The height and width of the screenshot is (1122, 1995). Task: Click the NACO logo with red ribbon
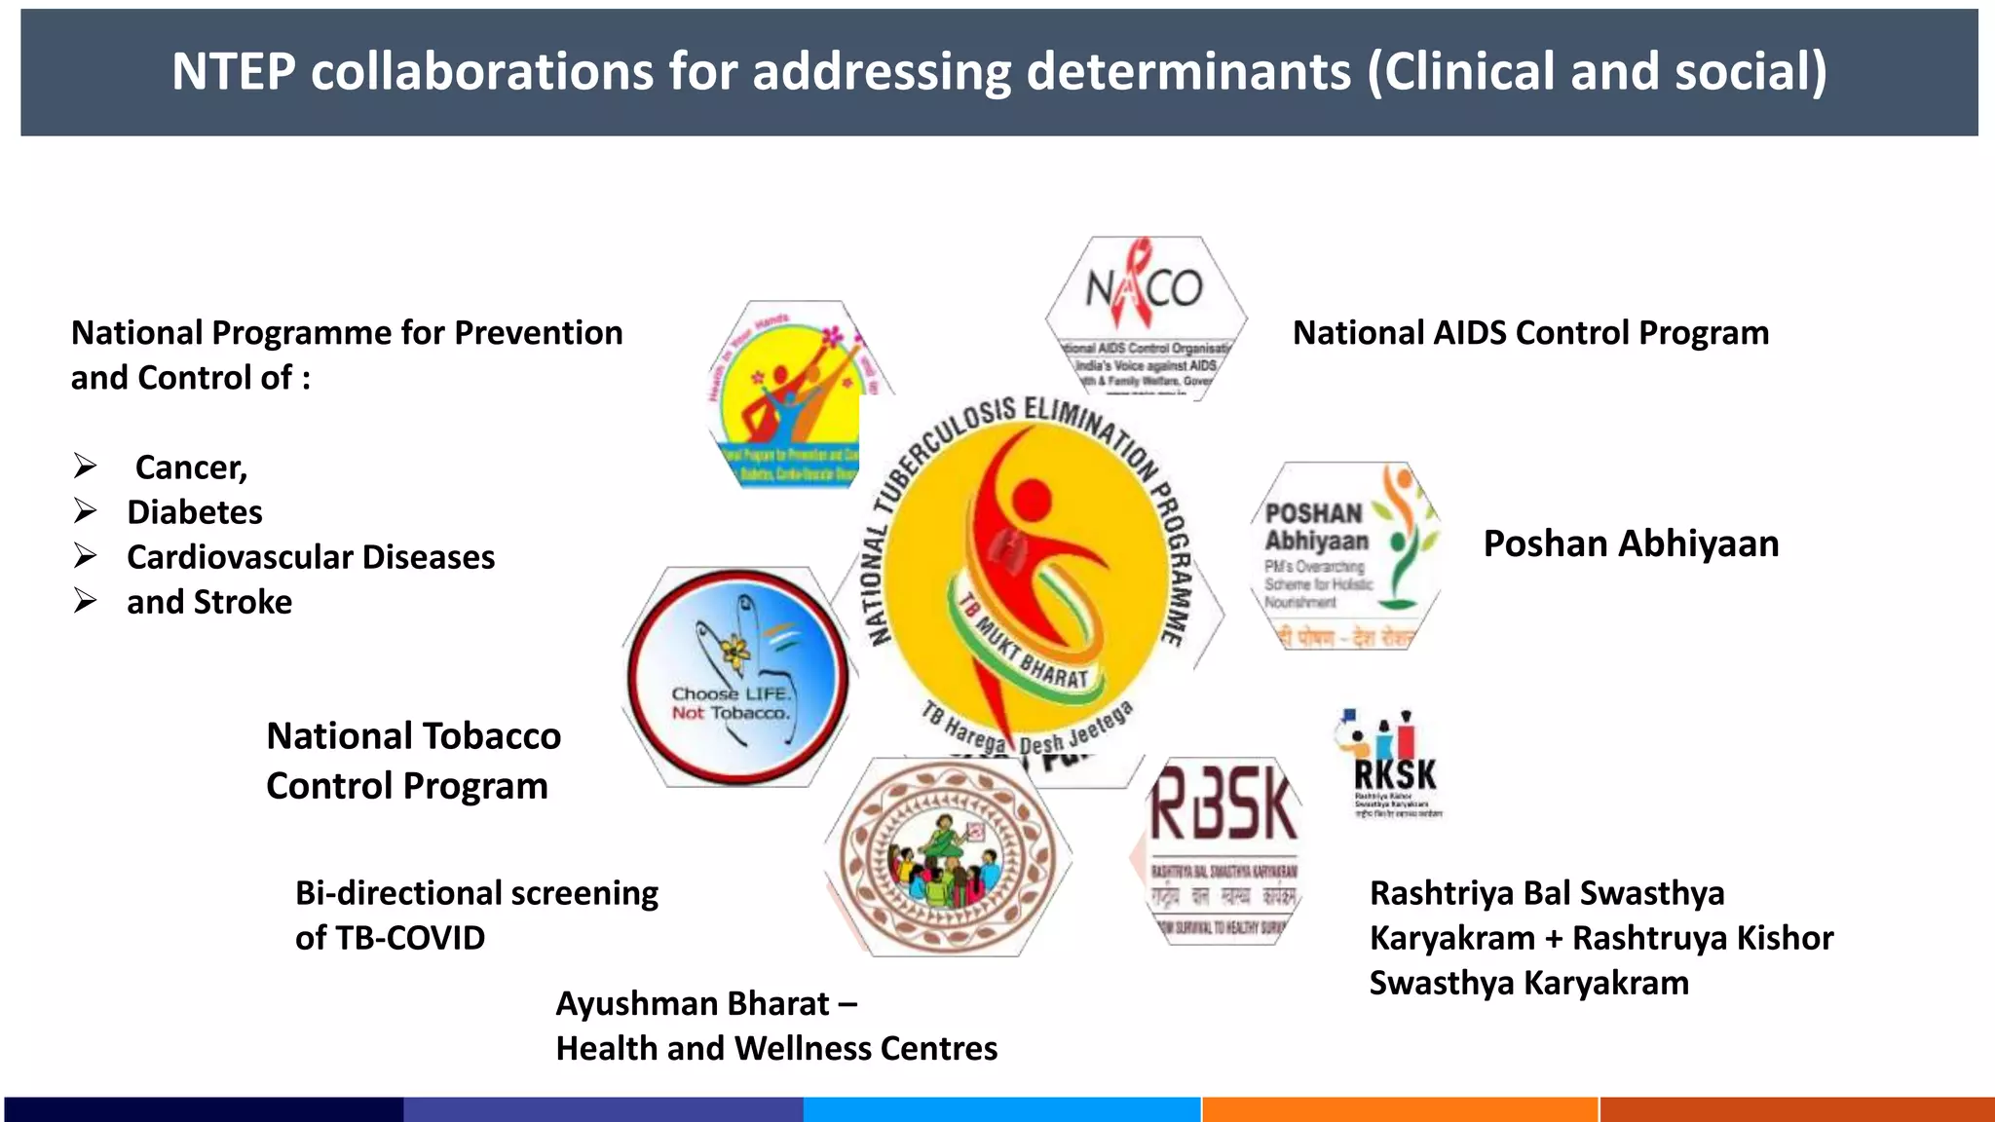(1146, 317)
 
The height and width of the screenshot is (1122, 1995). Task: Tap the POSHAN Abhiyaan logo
(1345, 555)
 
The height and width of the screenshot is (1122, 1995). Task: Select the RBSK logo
(1223, 849)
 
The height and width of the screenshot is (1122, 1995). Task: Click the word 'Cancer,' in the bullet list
(191, 467)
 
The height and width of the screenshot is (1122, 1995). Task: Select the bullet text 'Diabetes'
(194, 512)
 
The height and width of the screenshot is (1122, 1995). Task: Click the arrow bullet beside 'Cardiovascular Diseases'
(86, 556)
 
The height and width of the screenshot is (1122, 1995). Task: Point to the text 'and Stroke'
(208, 602)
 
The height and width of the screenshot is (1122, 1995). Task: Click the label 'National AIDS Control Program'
(1530, 333)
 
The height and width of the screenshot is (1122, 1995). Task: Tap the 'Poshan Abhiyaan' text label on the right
(1631, 543)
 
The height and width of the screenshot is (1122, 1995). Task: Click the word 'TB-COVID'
(409, 938)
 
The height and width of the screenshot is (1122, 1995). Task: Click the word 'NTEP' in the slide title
(234, 72)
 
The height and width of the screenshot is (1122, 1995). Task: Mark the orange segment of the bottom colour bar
(1399, 1108)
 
